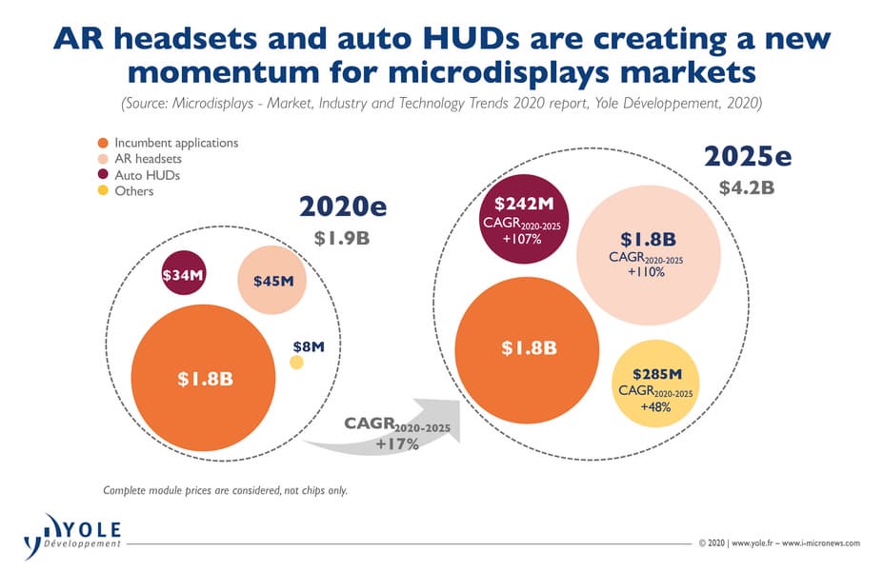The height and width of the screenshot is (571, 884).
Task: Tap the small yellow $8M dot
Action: pyautogui.click(x=296, y=363)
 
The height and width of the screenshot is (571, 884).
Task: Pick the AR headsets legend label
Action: pyautogui.click(x=148, y=159)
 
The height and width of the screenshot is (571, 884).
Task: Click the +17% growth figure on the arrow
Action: pyautogui.click(x=397, y=444)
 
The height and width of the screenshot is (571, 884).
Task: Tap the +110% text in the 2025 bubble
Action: pyautogui.click(x=646, y=272)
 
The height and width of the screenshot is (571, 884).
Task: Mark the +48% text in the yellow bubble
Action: pyautogui.click(x=655, y=407)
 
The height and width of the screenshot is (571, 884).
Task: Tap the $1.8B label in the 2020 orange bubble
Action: pyautogui.click(x=205, y=378)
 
